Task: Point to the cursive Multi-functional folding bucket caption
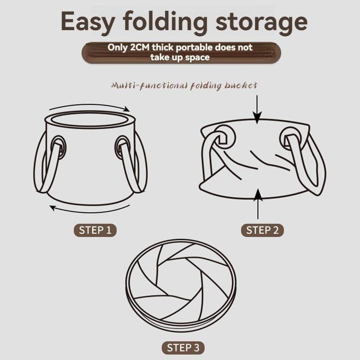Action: [184, 85]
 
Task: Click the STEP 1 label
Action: [95, 230]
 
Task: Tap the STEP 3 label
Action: [183, 347]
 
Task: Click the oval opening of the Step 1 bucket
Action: [90, 120]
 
